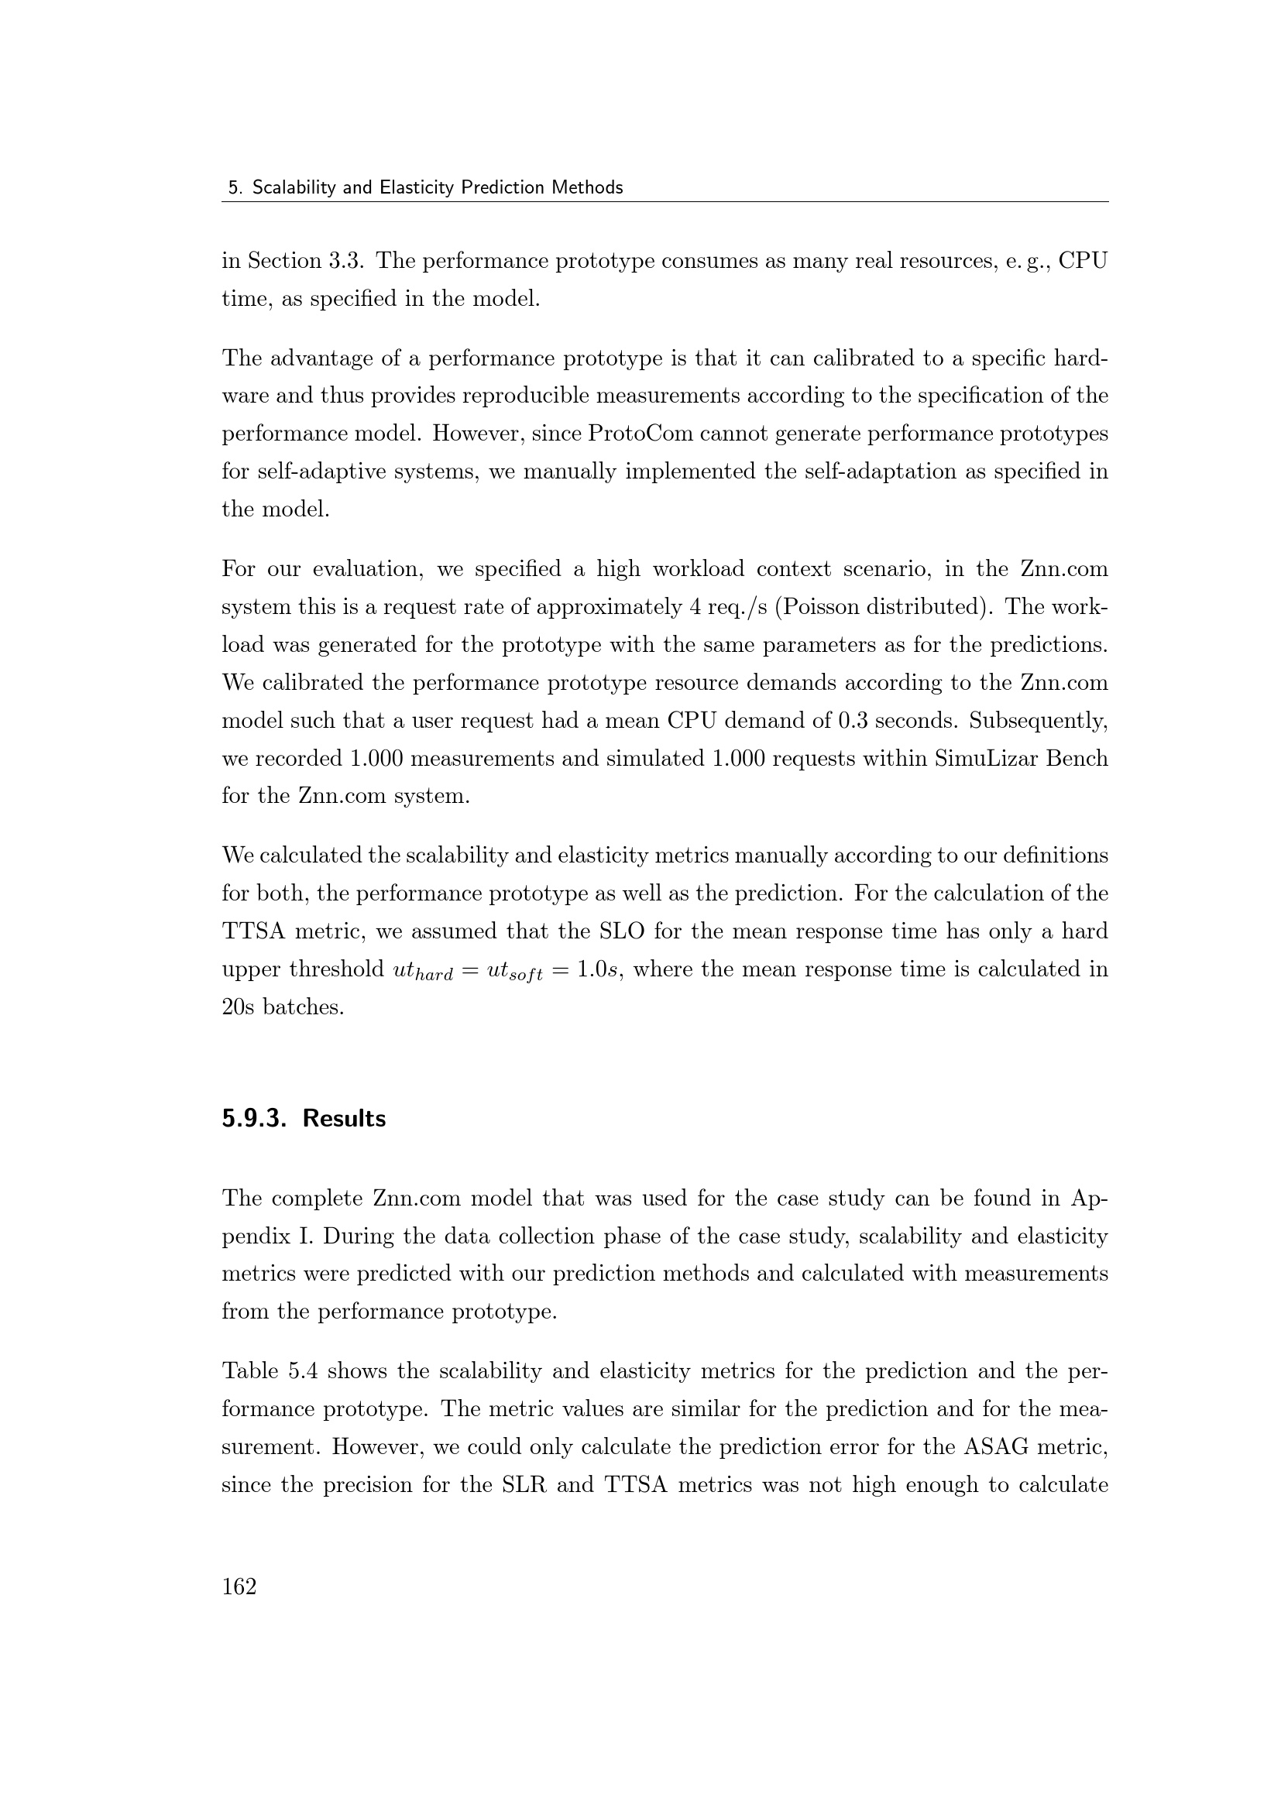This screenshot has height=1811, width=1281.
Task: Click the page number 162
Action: coord(239,1586)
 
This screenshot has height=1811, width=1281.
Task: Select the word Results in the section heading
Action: coord(344,1119)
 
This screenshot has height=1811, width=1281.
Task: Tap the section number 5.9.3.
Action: coord(253,1119)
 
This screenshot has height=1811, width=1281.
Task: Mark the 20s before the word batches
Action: coord(239,1007)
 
